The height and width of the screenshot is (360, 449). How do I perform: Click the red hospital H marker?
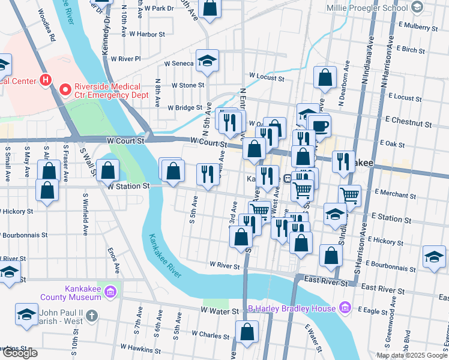44,80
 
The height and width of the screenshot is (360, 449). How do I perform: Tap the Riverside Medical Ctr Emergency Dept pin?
67,90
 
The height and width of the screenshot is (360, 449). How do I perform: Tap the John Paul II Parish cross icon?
92,314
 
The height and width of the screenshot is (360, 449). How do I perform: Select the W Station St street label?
128,187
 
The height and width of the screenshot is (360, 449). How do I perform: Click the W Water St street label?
221,311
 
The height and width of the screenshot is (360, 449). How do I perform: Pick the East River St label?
325,280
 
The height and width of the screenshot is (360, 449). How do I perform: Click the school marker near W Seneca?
208,61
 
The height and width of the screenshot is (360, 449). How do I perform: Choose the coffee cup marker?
319,125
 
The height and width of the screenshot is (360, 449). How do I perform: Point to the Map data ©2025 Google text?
412,355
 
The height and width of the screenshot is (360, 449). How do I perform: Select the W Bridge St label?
185,108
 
